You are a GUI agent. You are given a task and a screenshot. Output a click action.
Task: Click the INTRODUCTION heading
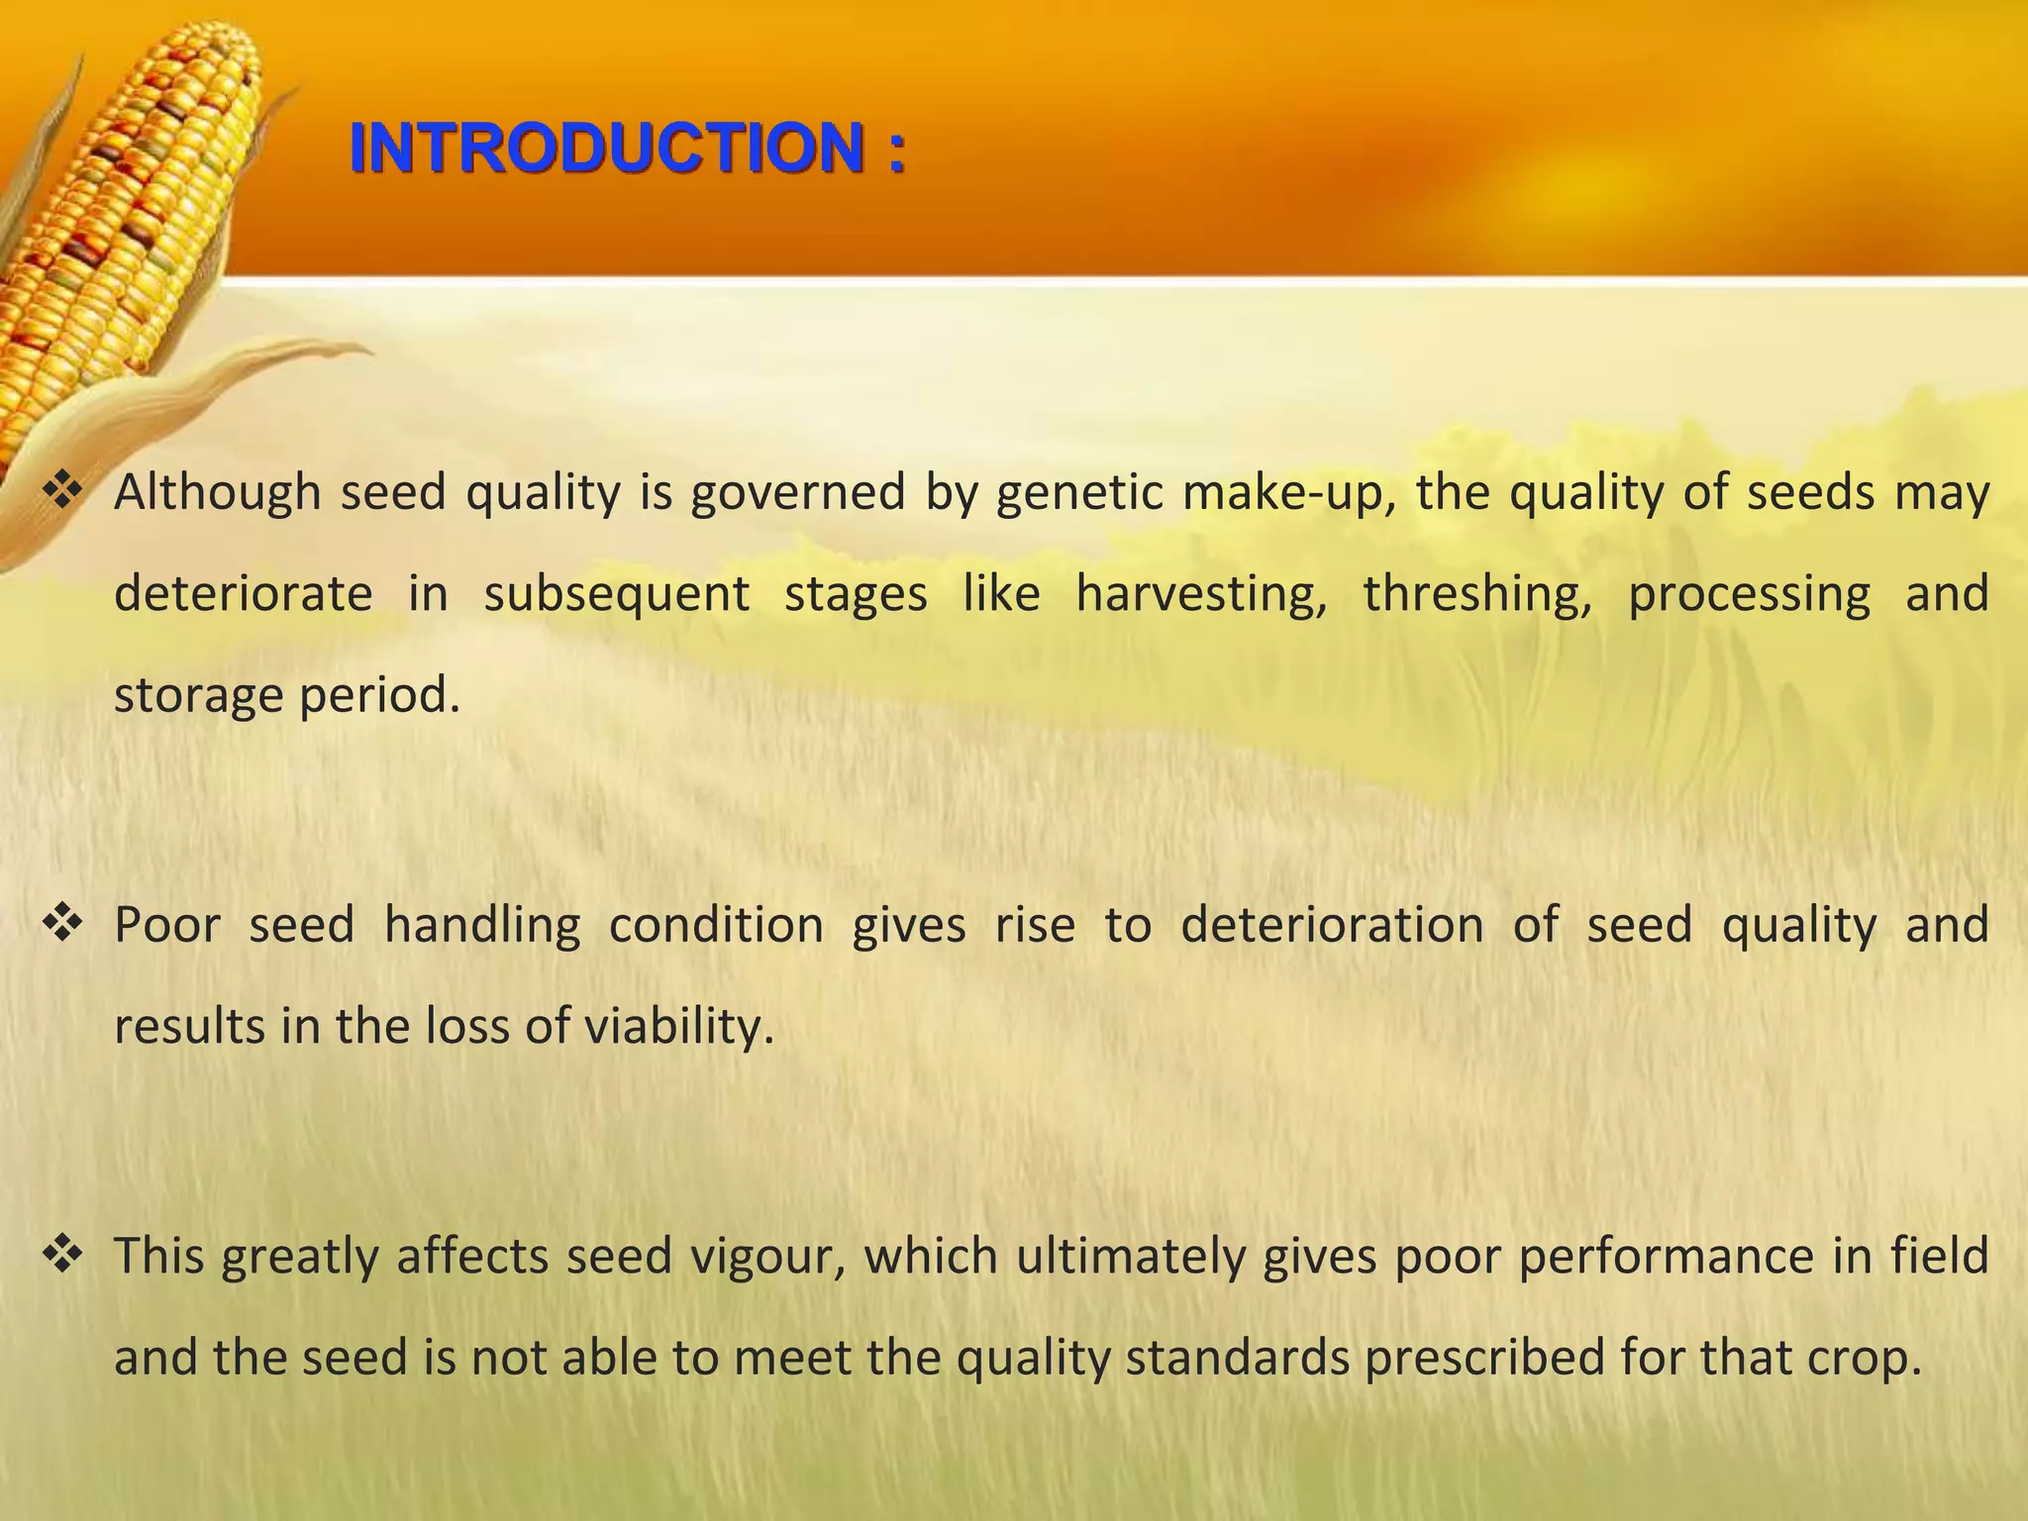pos(627,149)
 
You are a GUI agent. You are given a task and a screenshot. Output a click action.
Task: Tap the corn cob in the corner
pos(129,218)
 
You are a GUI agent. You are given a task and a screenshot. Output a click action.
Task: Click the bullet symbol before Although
pos(61,491)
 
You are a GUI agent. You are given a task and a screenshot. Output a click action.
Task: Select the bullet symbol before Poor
pos(61,924)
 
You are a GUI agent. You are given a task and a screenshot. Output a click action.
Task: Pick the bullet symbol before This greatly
pos(61,1255)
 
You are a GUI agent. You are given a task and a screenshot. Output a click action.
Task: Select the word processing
pos(1749,594)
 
